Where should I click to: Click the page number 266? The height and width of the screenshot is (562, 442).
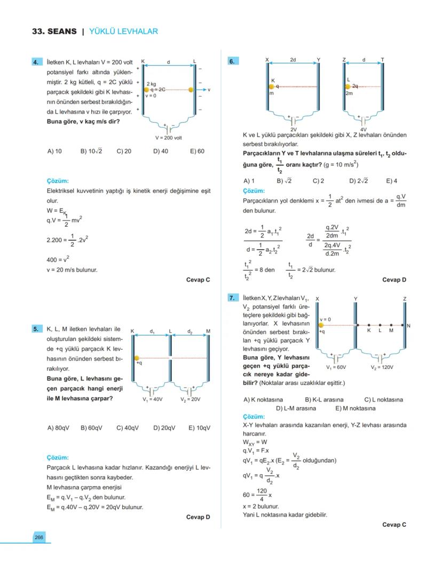pyautogui.click(x=39, y=537)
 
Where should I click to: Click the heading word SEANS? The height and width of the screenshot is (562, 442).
pyautogui.click(x=62, y=31)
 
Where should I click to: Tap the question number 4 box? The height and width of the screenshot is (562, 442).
pyautogui.click(x=37, y=62)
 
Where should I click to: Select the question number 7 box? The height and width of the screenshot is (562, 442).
pyautogui.click(x=232, y=298)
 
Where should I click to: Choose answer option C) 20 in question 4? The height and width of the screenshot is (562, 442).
pyautogui.click(x=124, y=151)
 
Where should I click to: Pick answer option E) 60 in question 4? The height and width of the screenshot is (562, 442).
pyautogui.click(x=197, y=151)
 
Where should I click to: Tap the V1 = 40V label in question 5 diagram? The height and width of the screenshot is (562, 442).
pyautogui.click(x=152, y=399)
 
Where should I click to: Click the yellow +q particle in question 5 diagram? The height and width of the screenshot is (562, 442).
pyautogui.click(x=137, y=358)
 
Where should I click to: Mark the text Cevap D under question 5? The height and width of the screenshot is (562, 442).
pyautogui.click(x=198, y=517)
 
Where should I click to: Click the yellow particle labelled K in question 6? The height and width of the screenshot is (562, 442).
pyautogui.click(x=272, y=86)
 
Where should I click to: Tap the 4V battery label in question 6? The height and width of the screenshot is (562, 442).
pyautogui.click(x=364, y=129)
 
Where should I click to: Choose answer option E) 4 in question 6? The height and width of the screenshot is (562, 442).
pyautogui.click(x=391, y=181)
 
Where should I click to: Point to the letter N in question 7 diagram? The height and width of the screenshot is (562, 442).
pyautogui.click(x=408, y=326)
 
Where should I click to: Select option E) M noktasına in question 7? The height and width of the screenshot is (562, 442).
pyautogui.click(x=355, y=408)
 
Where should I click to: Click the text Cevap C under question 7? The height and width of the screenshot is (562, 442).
pyautogui.click(x=394, y=525)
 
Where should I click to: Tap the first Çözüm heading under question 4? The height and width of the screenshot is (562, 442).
pyautogui.click(x=58, y=181)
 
